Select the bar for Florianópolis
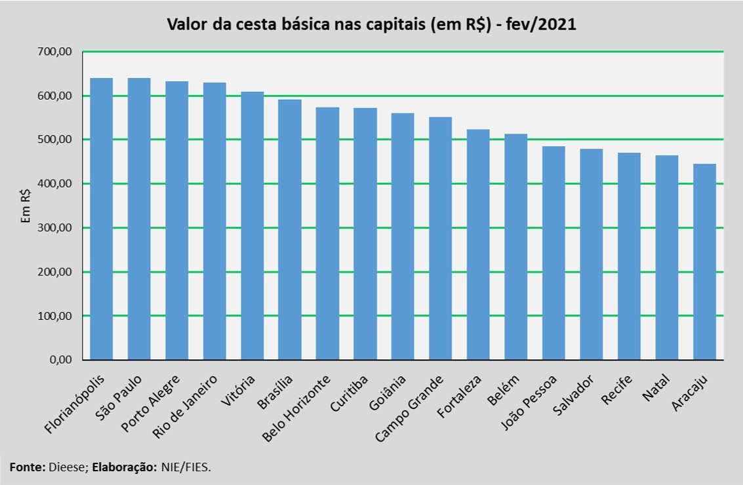pyautogui.click(x=102, y=219)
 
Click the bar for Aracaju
pyautogui.click(x=704, y=262)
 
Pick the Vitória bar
pyautogui.click(x=252, y=225)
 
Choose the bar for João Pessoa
pyautogui.click(x=553, y=253)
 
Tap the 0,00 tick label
pyautogui.click(x=63, y=360)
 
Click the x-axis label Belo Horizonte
pyautogui.click(x=296, y=408)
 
